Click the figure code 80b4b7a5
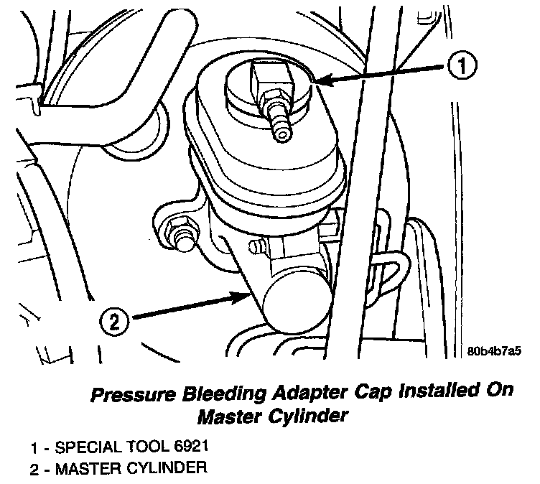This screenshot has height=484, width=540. coord(493,352)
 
